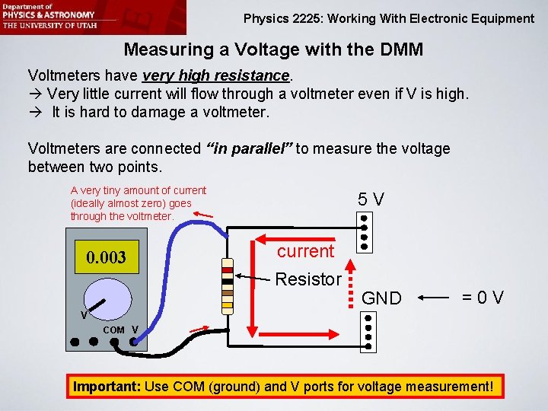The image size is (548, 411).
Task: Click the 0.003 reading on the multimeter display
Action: coord(107,257)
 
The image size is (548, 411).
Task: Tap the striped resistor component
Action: coord(226,285)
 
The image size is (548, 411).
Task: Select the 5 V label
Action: coord(371,199)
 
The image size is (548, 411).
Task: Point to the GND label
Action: coord(381,298)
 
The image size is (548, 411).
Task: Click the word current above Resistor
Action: coord(305,251)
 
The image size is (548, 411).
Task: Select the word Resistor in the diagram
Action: coord(308,279)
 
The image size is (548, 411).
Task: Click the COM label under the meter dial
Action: coord(113,330)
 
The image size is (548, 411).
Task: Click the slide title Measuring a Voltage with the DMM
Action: coord(273,50)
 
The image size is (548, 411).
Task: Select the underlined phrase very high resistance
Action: coord(215,76)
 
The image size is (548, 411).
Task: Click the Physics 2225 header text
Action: coord(389,18)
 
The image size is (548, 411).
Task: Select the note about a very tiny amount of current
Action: coord(139,203)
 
